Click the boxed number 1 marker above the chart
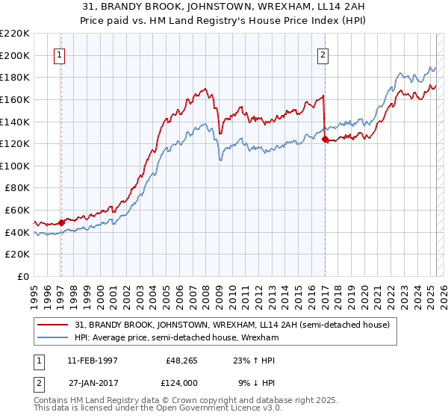tap(59, 54)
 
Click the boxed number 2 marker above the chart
tap(323, 54)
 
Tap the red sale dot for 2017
tap(325, 139)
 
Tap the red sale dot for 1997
tap(61, 222)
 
